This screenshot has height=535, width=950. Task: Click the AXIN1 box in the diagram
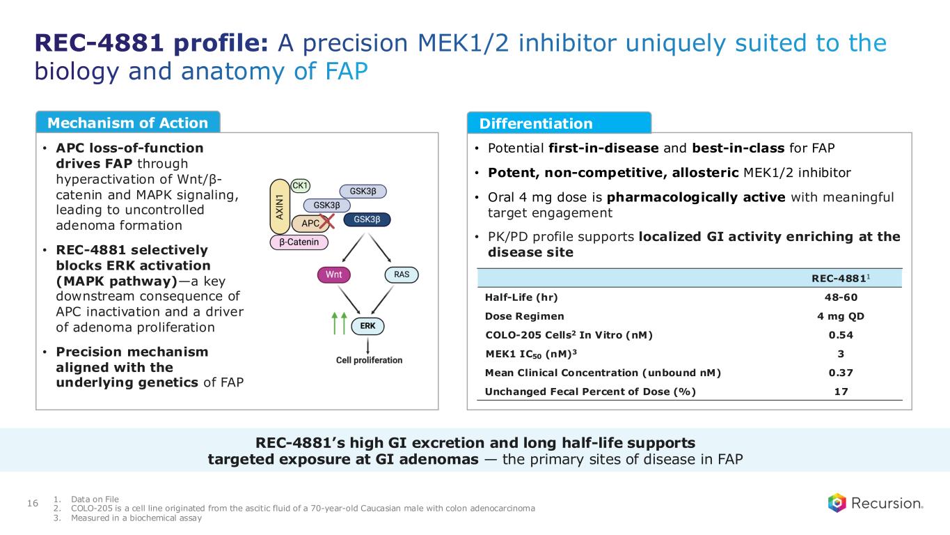click(280, 208)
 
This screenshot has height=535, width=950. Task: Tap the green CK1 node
click(300, 185)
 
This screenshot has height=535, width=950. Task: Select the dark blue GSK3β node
click(367, 219)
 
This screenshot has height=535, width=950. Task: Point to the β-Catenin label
click(299, 242)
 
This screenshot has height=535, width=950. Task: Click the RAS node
click(402, 274)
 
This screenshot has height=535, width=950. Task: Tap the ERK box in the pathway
click(368, 325)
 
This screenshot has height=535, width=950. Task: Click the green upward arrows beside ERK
click(339, 323)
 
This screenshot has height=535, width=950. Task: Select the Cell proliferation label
click(369, 360)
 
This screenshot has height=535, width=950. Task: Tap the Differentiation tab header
click(536, 124)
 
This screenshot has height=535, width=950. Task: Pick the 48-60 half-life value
click(840, 297)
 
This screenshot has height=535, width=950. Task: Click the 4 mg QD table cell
click(840, 316)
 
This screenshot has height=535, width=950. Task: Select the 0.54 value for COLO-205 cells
click(840, 335)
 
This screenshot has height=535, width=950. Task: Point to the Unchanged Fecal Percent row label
click(589, 391)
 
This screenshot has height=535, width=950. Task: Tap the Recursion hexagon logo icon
click(837, 503)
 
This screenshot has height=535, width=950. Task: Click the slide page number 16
click(32, 503)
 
